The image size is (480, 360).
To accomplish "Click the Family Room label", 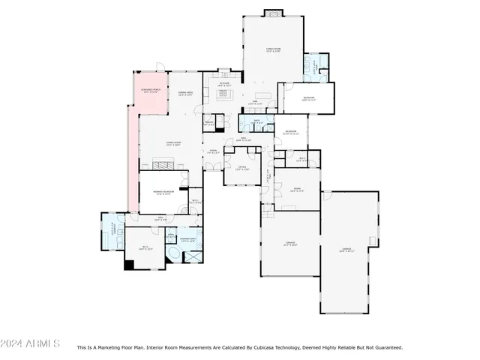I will [x=274, y=50].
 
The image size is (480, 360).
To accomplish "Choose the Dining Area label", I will [x=185, y=94].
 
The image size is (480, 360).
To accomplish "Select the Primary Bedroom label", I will [x=164, y=192].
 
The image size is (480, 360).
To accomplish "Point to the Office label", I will [x=242, y=167].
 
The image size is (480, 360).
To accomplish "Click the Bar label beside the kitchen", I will [x=254, y=101].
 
